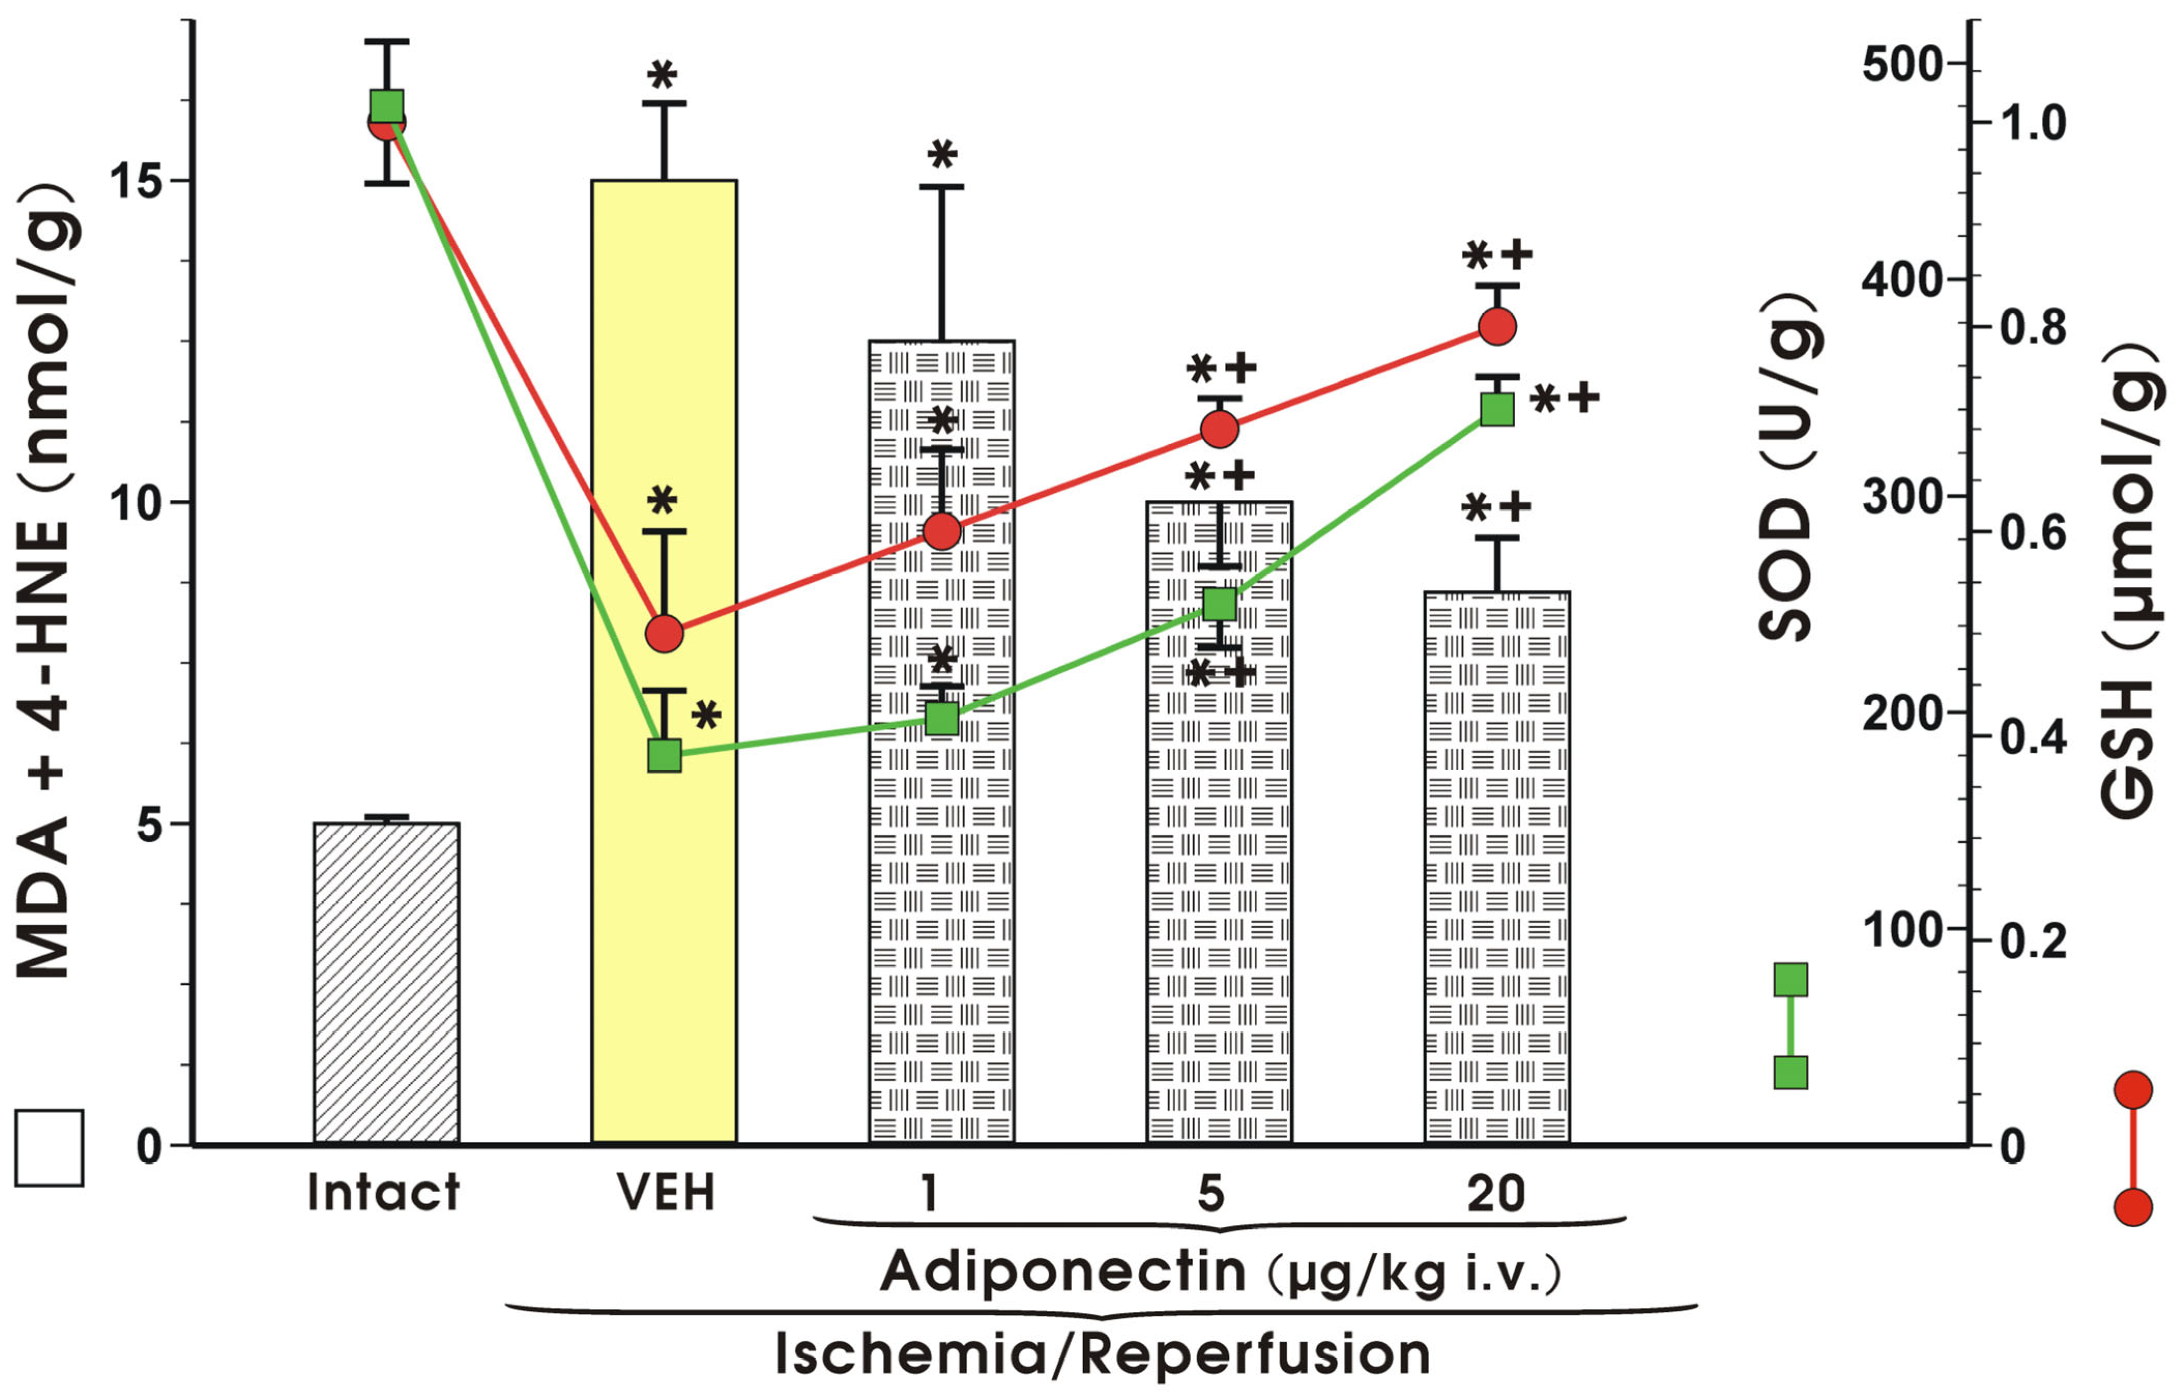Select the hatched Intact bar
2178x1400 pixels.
386,982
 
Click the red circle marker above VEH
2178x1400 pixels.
665,633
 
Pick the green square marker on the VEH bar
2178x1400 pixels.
665,755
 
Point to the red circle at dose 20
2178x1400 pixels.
1497,325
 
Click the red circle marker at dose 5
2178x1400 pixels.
1219,428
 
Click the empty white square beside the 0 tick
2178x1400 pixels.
49,1147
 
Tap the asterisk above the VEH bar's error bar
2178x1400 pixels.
662,75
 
